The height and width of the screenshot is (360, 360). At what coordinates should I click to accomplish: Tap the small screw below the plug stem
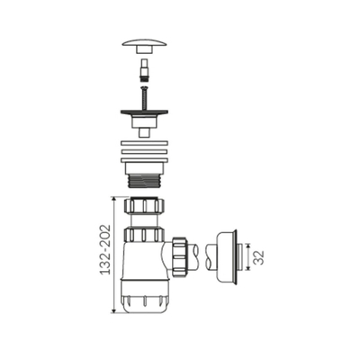pos(144,97)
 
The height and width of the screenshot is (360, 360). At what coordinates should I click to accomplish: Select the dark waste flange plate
pos(144,112)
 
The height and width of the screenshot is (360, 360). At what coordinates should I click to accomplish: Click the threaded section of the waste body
pos(144,181)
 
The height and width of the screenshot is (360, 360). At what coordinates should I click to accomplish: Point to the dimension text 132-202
pos(105,249)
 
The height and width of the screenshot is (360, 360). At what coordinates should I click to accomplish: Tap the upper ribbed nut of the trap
pos(144,205)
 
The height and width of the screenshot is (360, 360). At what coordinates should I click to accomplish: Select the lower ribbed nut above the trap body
pos(144,235)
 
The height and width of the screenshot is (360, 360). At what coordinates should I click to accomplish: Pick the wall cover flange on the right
pos(227,257)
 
